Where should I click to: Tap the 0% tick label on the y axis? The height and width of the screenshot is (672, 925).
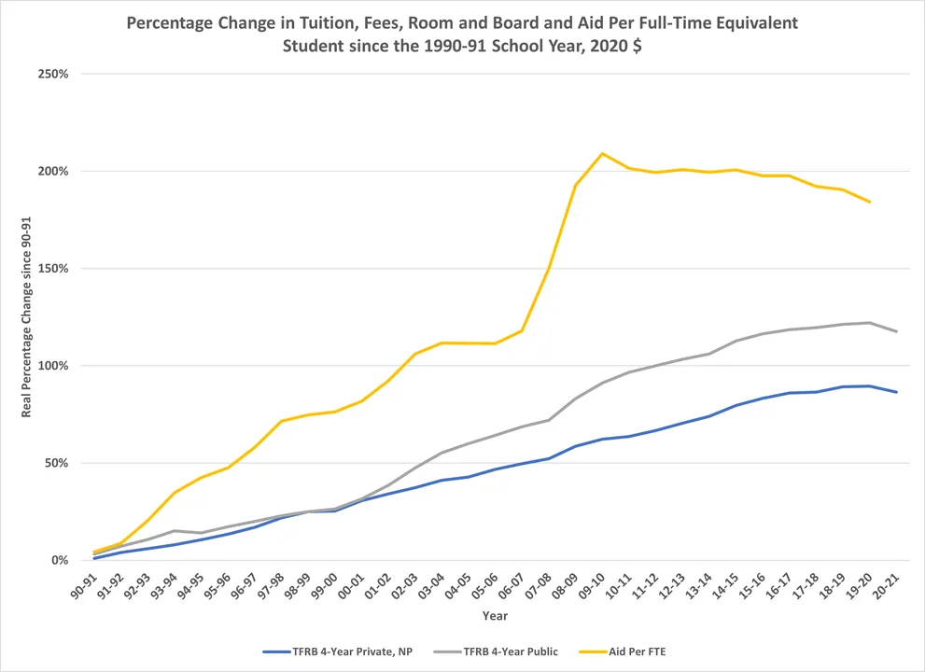(60, 561)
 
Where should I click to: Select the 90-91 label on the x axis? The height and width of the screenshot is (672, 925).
(84, 585)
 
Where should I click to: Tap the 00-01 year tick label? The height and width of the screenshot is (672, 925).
(351, 585)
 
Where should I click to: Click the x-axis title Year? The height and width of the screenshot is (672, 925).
(495, 616)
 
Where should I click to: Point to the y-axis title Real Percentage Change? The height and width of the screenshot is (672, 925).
(26, 317)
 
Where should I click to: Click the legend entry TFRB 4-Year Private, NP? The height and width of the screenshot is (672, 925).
(338, 652)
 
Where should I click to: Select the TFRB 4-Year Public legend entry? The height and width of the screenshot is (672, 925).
(496, 652)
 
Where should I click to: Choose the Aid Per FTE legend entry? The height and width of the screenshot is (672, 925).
(623, 652)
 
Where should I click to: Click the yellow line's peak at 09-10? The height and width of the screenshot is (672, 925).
(602, 153)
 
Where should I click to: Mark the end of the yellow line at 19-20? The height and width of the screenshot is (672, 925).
(870, 202)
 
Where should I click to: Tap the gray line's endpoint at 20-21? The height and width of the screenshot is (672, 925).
(897, 331)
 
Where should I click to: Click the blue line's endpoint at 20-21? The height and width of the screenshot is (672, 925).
(897, 392)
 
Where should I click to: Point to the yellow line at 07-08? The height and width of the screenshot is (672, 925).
(549, 269)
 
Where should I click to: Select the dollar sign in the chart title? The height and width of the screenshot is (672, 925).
(638, 46)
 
